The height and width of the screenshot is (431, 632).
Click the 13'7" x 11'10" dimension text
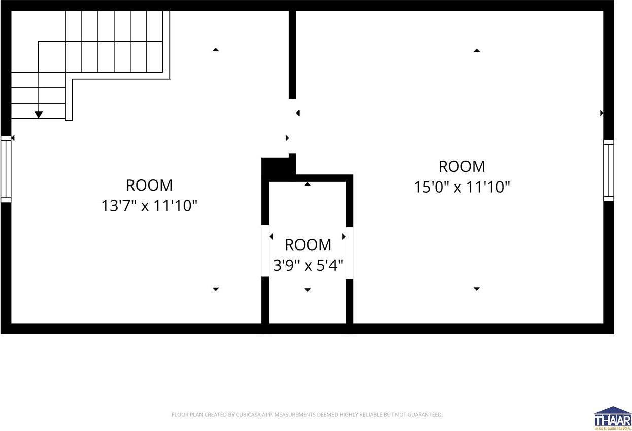pos(149,206)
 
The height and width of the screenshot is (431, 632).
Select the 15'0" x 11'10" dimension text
pos(461,188)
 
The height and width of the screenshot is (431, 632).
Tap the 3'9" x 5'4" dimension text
pos(308,265)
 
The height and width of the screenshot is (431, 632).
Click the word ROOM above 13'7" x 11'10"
pos(149,185)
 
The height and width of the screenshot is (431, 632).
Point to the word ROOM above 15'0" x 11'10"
pos(461,167)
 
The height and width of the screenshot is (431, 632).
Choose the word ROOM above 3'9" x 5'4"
pos(308,245)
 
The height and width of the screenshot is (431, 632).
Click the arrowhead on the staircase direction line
pos(39,115)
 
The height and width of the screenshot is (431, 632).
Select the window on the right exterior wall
pos(608,170)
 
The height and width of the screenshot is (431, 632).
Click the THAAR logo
pos(613,418)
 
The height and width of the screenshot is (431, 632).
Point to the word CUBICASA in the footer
pos(249,415)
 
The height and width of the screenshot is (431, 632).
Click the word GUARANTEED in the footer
pos(424,415)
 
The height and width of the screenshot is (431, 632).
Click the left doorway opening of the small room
pos(265,251)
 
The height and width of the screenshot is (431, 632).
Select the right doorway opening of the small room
pos(349,253)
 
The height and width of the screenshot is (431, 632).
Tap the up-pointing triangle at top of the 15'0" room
pos(476,50)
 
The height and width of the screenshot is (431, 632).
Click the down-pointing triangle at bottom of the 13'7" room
pos(216,289)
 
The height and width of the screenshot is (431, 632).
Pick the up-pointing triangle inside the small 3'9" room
pos(307,184)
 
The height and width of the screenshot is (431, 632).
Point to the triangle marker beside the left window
pos(13,138)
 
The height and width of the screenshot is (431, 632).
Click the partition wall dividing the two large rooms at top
pos(292,53)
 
